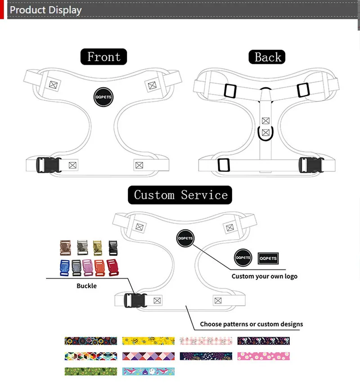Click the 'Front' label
tap(103, 57)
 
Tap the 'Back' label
tap(267, 57)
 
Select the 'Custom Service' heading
tap(180, 195)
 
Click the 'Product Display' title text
tap(45, 10)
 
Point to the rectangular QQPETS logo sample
tap(268, 258)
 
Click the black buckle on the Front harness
tap(46, 165)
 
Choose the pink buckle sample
tap(88, 268)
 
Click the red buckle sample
tap(112, 268)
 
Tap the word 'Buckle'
tap(86, 285)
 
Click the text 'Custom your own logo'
tap(265, 276)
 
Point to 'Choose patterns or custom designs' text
tap(252, 324)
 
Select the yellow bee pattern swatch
tap(148, 341)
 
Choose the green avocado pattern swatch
tap(90, 371)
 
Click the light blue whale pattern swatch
tap(148, 371)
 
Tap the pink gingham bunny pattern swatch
tap(206, 341)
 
